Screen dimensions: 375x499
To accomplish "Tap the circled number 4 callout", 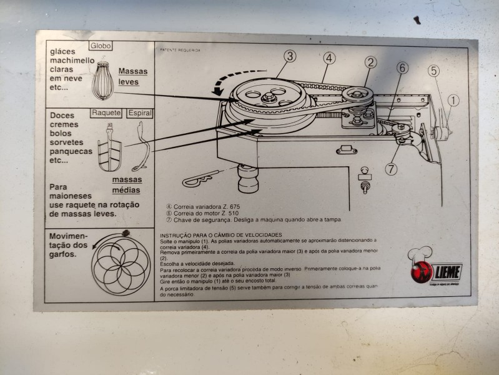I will pyautogui.click(x=329, y=59).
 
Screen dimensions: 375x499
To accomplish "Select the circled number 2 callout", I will pyautogui.click(x=371, y=62).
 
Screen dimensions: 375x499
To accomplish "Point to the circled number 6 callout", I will pyautogui.click(x=402, y=67).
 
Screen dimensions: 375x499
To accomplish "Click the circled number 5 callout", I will pyautogui.click(x=433, y=71).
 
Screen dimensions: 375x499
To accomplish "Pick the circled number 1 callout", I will pyautogui.click(x=453, y=99).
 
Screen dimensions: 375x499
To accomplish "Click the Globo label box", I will pyautogui.click(x=100, y=46).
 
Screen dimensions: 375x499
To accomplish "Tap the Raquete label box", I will pyautogui.click(x=106, y=113).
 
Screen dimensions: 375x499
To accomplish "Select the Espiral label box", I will pyautogui.click(x=138, y=113).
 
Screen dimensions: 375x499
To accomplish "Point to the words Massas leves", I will pyautogui.click(x=133, y=76).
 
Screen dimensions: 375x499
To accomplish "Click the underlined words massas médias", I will pyautogui.click(x=126, y=185).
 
